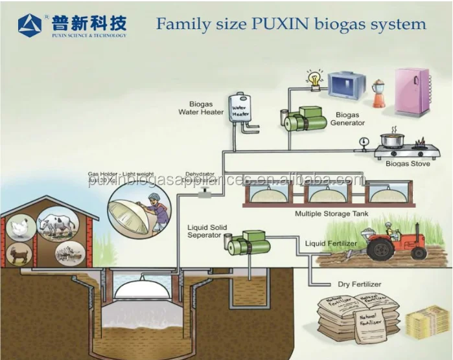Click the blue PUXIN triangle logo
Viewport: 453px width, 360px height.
[x=30, y=25]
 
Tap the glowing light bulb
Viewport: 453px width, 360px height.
[x=316, y=80]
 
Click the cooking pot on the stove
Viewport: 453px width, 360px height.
[x=392, y=140]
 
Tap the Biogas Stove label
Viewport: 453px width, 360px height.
[x=408, y=164]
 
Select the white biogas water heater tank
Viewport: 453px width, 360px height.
[x=240, y=109]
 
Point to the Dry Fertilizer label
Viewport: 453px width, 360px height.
[x=359, y=284]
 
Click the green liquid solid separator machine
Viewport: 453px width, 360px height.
[x=250, y=243]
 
